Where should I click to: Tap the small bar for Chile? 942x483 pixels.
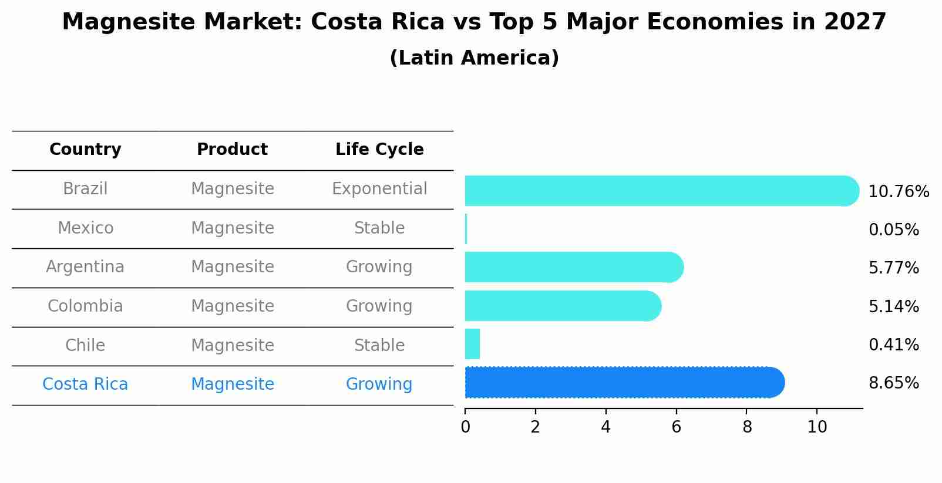tap(473, 344)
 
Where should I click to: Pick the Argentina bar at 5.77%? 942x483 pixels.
tap(573, 267)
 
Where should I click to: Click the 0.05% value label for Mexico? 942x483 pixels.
tap(893, 230)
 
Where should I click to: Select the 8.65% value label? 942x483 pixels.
tap(893, 383)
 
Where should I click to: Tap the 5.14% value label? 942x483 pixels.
tap(893, 307)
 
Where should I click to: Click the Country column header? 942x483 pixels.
tap(85, 150)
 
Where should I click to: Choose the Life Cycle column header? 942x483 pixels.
tap(379, 150)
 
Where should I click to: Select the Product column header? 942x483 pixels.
tap(232, 150)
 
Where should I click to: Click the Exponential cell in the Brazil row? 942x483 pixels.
tap(379, 189)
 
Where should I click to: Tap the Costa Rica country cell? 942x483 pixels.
tap(85, 384)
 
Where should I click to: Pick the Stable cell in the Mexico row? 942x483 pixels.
tap(379, 228)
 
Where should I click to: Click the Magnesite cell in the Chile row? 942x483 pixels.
tap(232, 345)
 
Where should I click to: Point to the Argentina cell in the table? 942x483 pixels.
tap(85, 267)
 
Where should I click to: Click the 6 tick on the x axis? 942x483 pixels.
tap(676, 427)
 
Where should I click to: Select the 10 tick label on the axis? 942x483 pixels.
tap(817, 427)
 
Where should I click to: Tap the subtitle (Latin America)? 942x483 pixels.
tap(474, 58)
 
